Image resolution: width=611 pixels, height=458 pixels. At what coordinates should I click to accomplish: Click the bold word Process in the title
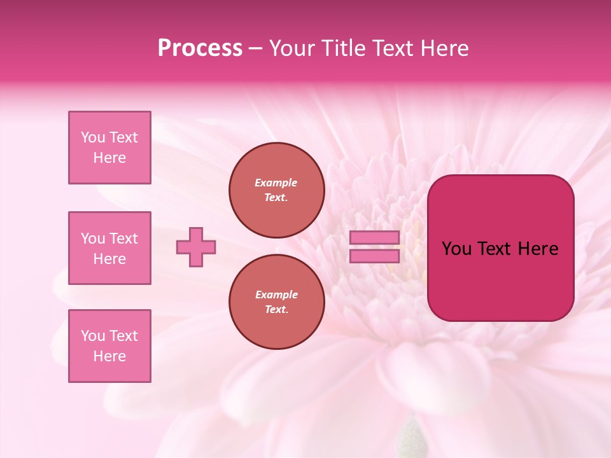tap(200, 48)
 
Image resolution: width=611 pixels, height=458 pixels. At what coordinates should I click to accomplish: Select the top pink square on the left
tap(109, 148)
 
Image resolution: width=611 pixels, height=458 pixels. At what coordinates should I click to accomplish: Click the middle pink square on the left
tap(109, 248)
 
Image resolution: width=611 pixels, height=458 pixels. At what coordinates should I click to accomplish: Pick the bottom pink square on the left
tap(109, 346)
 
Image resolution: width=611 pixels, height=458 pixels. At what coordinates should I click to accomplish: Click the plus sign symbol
tap(196, 247)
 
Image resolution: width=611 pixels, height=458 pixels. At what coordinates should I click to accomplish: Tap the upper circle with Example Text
tap(276, 190)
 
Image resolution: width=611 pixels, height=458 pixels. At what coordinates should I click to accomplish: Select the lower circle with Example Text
tap(276, 302)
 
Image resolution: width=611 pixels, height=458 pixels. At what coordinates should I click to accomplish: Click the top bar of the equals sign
tap(375, 238)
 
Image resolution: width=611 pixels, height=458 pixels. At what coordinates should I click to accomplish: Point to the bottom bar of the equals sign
tap(375, 256)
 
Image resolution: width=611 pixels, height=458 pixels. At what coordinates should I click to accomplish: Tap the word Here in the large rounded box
tap(538, 249)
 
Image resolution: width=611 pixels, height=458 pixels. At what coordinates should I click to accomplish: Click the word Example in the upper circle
tap(276, 183)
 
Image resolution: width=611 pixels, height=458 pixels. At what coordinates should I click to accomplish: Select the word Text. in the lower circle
tap(276, 310)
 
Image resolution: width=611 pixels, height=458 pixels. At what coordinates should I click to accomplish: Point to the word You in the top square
tap(93, 137)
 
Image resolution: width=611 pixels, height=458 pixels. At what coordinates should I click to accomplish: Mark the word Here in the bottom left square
tap(109, 356)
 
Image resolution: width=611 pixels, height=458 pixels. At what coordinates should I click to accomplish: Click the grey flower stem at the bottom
tap(411, 439)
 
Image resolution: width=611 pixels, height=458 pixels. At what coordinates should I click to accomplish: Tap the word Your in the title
tap(293, 48)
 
